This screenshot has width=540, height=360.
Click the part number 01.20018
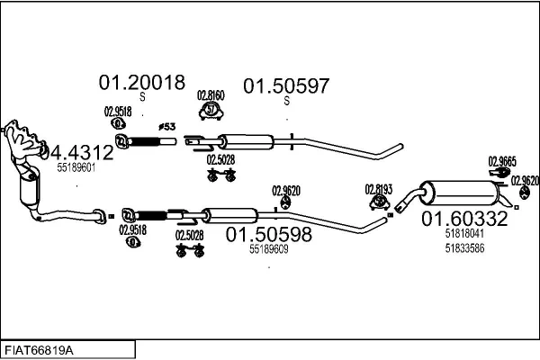142,83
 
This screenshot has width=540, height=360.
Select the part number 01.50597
286,86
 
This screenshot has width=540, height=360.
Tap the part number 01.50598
268,234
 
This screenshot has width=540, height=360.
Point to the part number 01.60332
464,219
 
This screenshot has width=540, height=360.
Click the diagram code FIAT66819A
39,351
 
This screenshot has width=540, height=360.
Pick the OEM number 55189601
76,167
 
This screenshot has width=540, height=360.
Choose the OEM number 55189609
268,249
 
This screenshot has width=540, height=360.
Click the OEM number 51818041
464,234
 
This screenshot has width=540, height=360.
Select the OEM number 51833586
464,248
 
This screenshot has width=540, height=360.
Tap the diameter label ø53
167,127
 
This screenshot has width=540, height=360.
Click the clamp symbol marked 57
211,111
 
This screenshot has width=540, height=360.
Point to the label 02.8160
211,95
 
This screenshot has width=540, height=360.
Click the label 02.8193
379,190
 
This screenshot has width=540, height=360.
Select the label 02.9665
502,162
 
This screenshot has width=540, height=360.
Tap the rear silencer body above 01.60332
462,193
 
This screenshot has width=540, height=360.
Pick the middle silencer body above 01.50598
229,216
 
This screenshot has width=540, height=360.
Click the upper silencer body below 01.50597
247,142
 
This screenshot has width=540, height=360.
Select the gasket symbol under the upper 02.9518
118,123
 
